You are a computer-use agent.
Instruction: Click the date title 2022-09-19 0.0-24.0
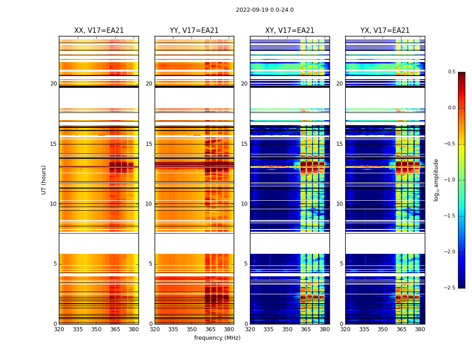(x=265, y=10)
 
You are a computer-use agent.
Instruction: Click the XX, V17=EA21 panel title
(x=99, y=31)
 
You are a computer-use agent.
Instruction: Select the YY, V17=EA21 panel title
(x=194, y=31)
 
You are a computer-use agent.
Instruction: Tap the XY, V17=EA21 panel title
(x=289, y=31)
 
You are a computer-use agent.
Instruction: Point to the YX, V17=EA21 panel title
(x=385, y=31)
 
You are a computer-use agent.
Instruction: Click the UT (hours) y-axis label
(x=44, y=180)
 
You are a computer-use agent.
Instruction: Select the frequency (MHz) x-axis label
(x=217, y=338)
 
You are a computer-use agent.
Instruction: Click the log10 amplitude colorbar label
(x=436, y=180)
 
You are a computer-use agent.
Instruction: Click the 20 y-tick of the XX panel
(x=53, y=84)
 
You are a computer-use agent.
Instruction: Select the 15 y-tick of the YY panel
(x=149, y=144)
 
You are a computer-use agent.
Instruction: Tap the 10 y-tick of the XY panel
(x=244, y=204)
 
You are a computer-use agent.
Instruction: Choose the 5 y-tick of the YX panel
(x=341, y=264)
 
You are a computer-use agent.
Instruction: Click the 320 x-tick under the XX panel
(x=59, y=329)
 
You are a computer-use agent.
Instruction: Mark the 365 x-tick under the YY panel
(x=210, y=329)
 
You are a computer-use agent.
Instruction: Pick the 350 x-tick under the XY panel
(x=287, y=329)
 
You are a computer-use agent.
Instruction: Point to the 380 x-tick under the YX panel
(x=420, y=329)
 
